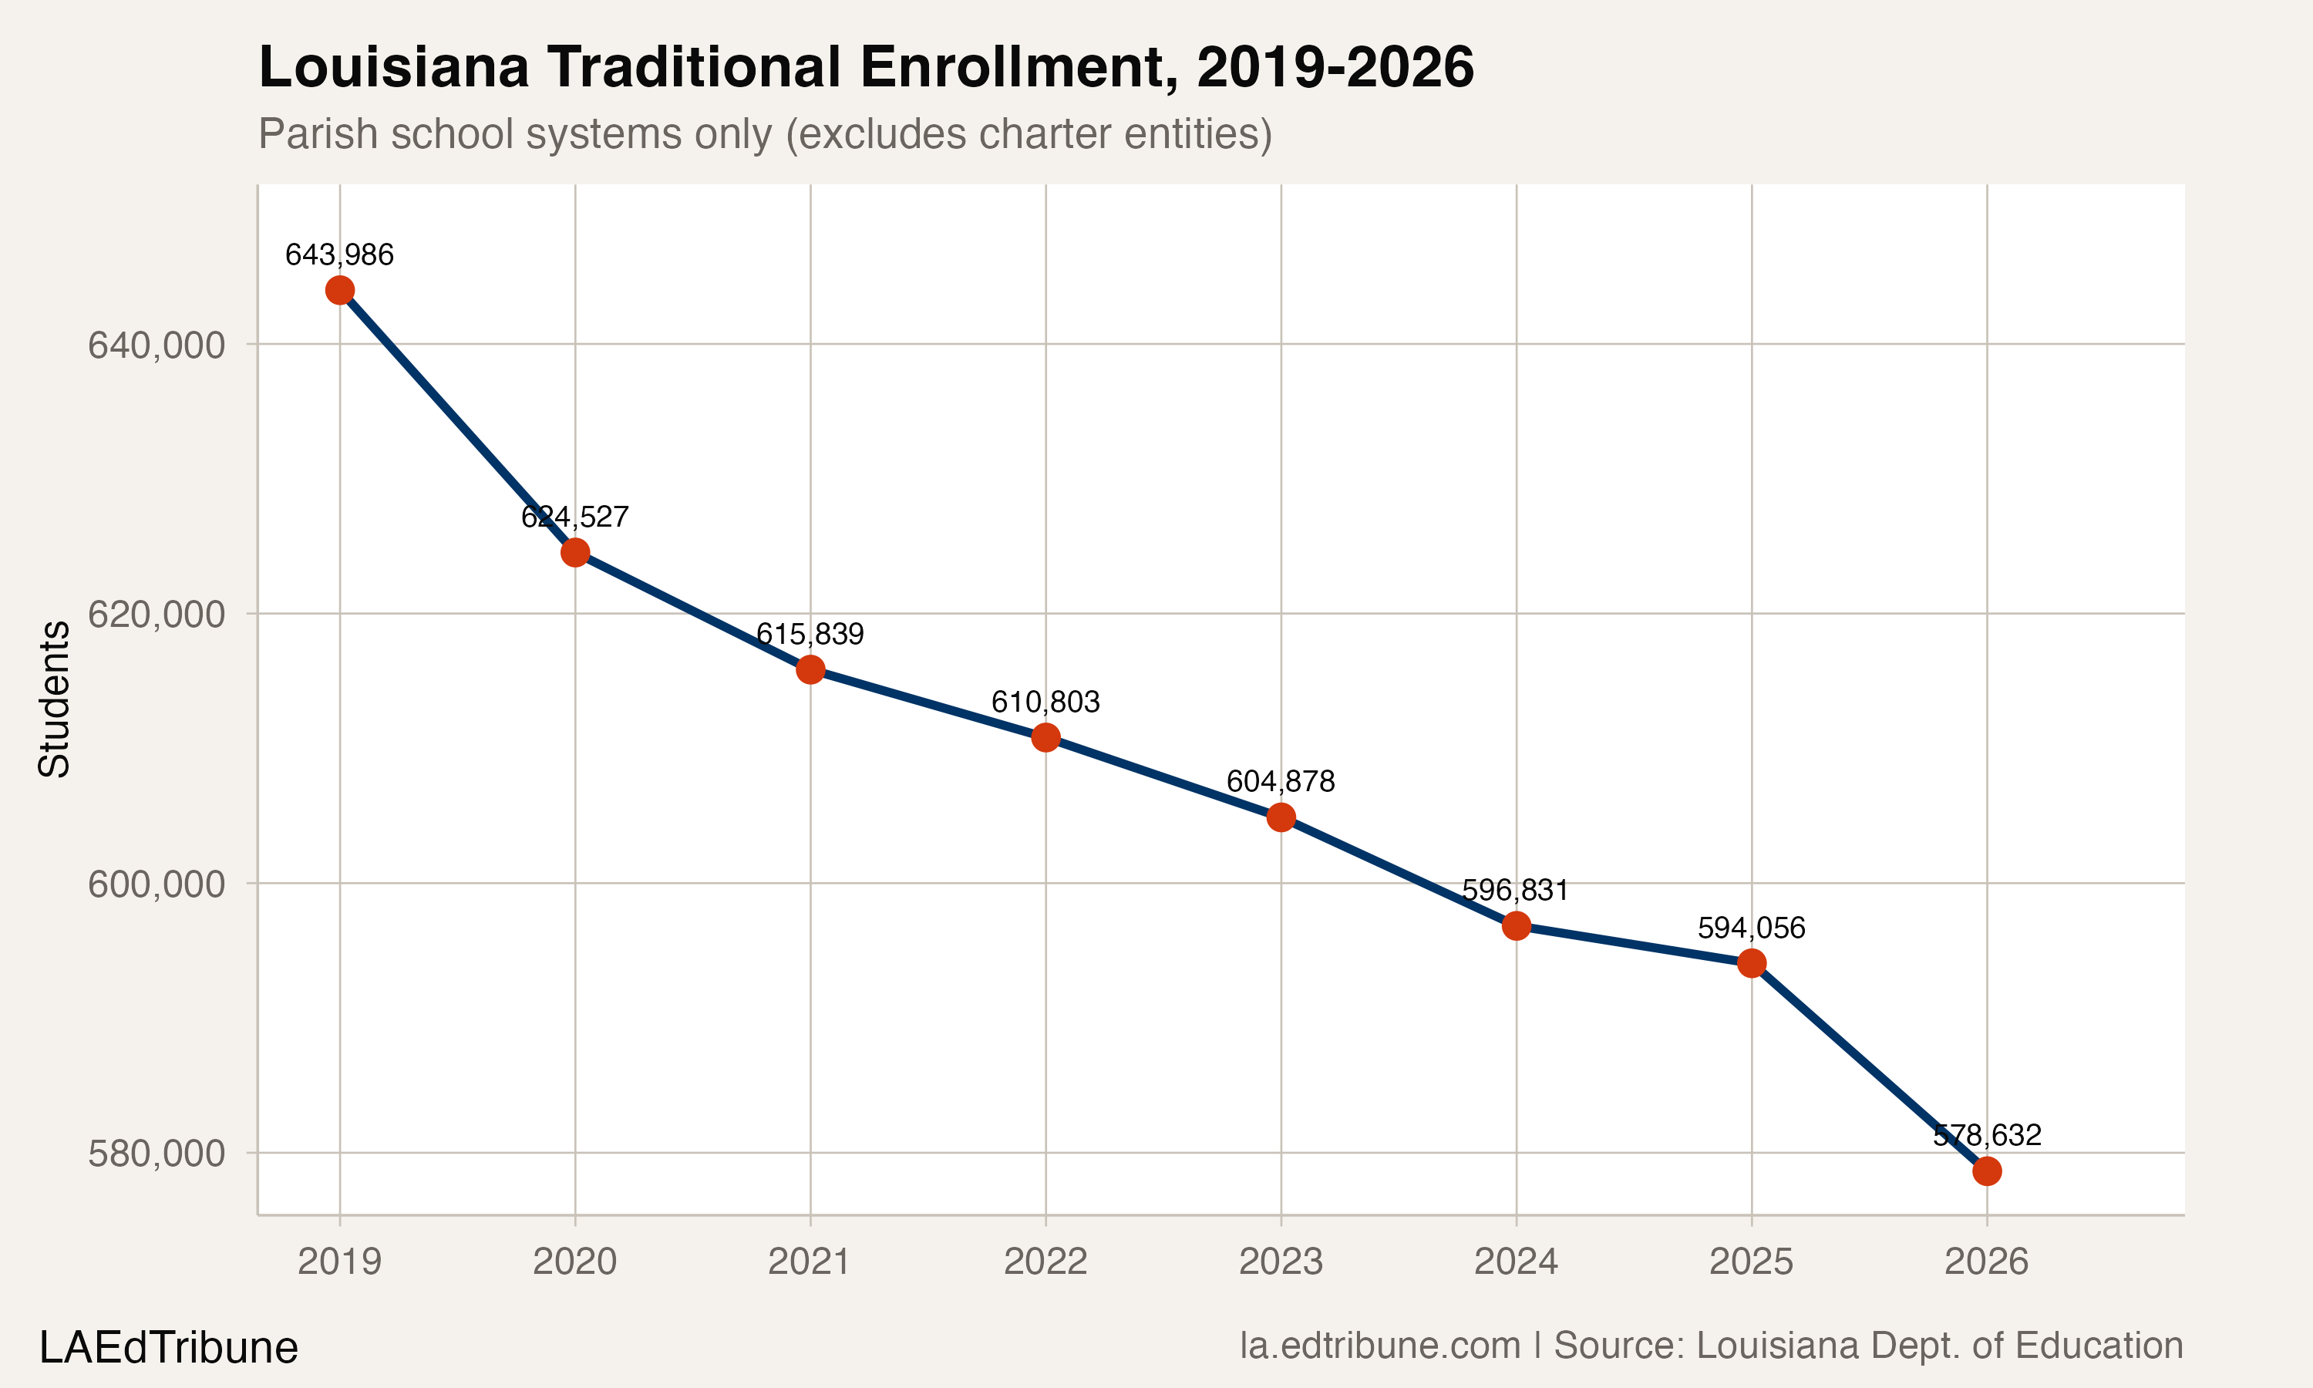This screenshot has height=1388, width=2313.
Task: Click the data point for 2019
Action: pos(339,290)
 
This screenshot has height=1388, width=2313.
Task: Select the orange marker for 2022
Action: pos(1045,738)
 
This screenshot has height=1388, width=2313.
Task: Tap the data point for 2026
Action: pos(1987,1171)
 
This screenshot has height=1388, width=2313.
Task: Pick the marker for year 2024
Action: pos(1516,926)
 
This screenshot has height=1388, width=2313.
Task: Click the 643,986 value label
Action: pos(339,254)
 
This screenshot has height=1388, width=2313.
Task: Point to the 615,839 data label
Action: pos(810,634)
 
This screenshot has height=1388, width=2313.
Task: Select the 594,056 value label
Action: pos(1751,928)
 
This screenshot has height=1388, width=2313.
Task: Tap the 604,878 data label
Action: pos(1280,781)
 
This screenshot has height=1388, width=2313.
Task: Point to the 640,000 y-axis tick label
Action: pos(157,345)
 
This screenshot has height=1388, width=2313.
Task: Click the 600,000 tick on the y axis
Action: pos(157,884)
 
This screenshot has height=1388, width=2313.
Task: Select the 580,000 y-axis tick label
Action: pos(157,1154)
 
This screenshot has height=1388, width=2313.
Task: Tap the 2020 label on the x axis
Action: pos(574,1262)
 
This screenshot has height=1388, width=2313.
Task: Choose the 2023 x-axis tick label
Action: pos(1280,1262)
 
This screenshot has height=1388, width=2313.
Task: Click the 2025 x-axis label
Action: pos(1751,1262)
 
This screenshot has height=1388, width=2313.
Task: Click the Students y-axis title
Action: pos(54,699)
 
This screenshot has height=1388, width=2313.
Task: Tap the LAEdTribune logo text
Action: pos(168,1348)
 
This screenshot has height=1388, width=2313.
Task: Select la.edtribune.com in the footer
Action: pos(1380,1346)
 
